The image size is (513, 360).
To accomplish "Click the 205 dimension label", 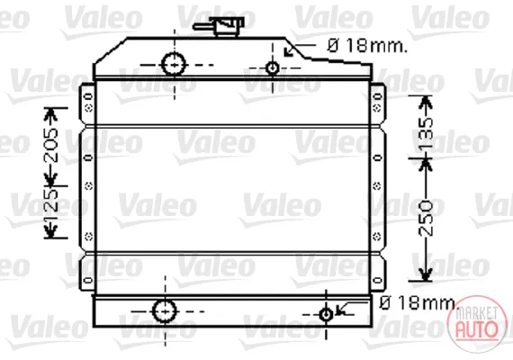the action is (x=51, y=145).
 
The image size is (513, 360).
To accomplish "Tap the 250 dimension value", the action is (x=426, y=219).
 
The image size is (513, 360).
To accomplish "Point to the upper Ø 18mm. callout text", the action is (x=367, y=46).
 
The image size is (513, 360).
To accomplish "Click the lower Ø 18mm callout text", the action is (x=417, y=303).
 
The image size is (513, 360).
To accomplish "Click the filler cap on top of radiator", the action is (x=229, y=26).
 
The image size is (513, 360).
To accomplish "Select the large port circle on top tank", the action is (x=174, y=64).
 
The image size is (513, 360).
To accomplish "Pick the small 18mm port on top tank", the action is (x=273, y=68).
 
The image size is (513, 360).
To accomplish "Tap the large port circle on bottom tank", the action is (x=165, y=311).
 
